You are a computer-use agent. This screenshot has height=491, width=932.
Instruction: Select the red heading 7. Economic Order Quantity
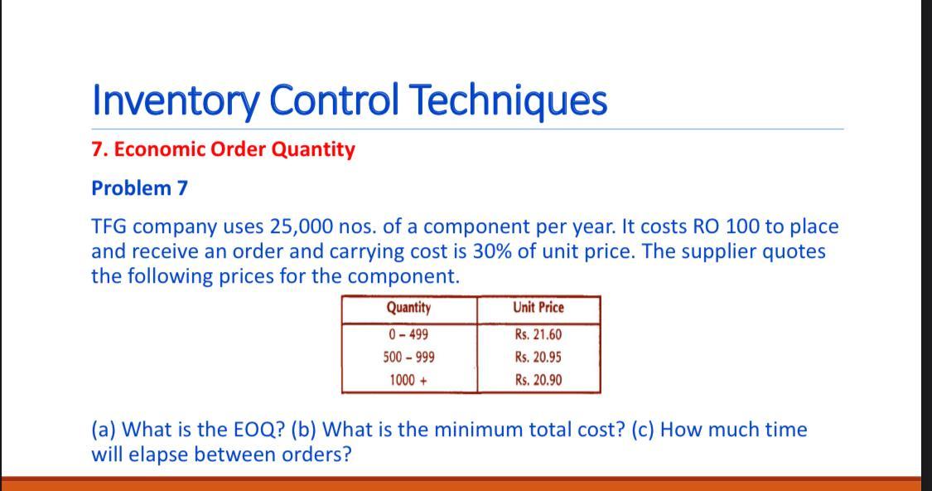click(x=223, y=149)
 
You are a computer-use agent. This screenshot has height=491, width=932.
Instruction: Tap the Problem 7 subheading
click(x=139, y=188)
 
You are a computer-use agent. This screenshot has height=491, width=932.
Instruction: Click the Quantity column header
click(x=408, y=308)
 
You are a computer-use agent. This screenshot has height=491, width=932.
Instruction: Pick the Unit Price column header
click(x=538, y=308)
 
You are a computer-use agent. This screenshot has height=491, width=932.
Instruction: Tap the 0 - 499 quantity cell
click(x=408, y=335)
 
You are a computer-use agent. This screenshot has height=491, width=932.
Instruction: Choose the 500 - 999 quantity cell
click(x=408, y=357)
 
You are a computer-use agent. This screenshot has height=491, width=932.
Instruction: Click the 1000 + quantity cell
click(x=408, y=381)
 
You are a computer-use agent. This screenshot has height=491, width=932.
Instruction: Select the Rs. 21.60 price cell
click(x=538, y=335)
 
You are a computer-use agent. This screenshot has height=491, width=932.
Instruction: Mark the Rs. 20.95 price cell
click(x=538, y=357)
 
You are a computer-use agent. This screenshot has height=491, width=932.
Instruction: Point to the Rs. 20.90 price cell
click(x=538, y=381)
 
